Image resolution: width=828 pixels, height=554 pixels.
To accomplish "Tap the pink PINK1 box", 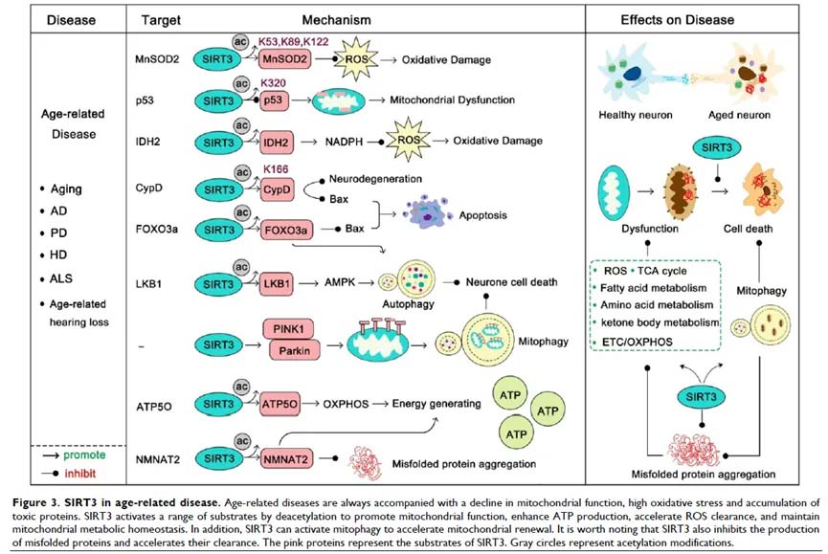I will pos(288,331).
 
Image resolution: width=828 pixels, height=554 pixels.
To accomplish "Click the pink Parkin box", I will pos(288,351).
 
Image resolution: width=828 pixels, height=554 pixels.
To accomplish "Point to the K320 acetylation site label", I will pos(274,82).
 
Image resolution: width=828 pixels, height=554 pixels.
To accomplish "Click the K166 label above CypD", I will pos(276,168).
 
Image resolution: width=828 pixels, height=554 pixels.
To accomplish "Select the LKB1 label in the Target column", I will pos(149,283).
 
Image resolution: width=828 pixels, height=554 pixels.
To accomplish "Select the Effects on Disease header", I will pos(704,19).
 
